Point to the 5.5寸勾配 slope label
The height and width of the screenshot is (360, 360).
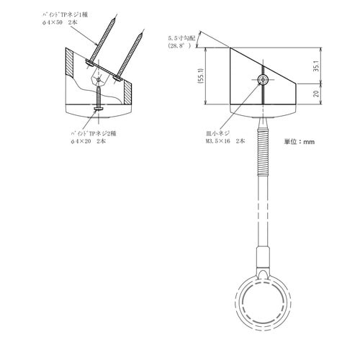click(182, 36)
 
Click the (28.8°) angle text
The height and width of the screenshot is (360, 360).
click(179, 45)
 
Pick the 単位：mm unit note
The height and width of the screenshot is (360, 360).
click(301, 143)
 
